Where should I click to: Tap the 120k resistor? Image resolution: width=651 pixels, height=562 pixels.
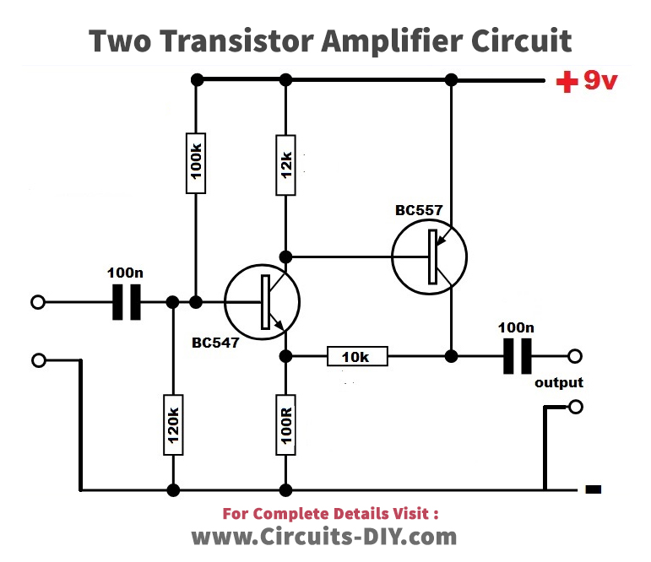pos(173,427)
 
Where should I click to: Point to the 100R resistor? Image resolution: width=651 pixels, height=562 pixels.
pos(286,427)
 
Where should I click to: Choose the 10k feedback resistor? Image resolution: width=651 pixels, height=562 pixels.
pos(357,357)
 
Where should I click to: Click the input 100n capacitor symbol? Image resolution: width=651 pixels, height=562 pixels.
pos(127,302)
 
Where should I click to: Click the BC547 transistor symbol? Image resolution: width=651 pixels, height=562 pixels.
pos(263,302)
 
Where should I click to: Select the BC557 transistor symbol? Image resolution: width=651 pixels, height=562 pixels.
pos(430,257)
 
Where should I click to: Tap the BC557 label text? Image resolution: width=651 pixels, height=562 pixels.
pos(419,210)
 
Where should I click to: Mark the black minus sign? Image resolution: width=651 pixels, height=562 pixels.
pos(593,489)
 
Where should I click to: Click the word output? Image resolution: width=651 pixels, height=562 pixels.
pos(559,383)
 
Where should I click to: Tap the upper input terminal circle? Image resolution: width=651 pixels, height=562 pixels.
pos(38,302)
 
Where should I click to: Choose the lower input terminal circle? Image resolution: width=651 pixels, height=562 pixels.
pos(38,360)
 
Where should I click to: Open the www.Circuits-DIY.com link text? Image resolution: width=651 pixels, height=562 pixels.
pos(324,536)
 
